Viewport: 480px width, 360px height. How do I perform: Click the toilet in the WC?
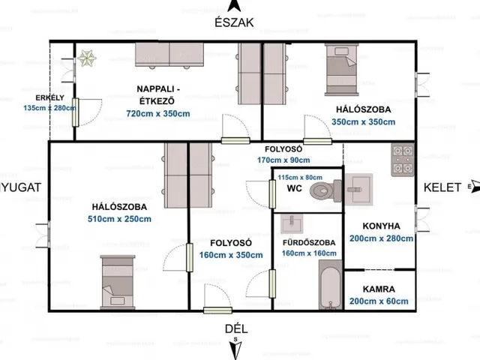[325, 190]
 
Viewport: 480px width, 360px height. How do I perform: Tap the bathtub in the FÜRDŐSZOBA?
[331, 285]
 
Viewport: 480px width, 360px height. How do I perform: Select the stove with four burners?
[403, 160]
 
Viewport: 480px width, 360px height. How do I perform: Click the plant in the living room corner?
[87, 58]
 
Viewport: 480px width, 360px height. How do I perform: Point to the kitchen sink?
[358, 189]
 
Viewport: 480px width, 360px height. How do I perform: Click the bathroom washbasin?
[292, 223]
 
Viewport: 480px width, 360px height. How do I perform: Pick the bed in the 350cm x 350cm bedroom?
[342, 70]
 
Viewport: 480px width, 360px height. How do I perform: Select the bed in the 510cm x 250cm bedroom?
[118, 282]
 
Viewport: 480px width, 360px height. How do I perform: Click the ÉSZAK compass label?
[234, 22]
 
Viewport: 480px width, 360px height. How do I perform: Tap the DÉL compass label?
[236, 328]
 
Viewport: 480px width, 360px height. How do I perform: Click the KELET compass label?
[442, 187]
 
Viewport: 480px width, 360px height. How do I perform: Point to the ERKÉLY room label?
[50, 97]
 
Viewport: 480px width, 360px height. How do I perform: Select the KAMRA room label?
[379, 289]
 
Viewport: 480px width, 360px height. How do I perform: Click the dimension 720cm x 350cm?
[158, 113]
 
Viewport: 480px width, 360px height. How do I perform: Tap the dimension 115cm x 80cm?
[300, 177]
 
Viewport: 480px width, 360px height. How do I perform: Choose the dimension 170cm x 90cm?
[283, 160]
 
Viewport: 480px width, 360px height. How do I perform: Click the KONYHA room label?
[382, 226]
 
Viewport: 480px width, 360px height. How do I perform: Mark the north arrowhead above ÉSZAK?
[234, 5]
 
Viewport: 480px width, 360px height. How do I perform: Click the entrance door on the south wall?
[217, 310]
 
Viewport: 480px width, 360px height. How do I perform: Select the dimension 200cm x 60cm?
[379, 301]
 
